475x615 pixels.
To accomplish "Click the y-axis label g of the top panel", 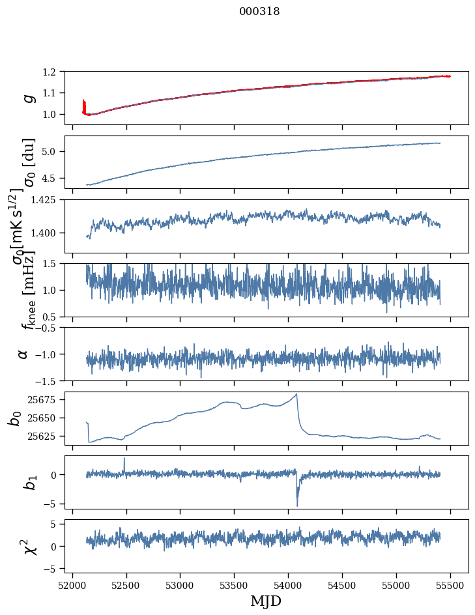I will click(x=27, y=98).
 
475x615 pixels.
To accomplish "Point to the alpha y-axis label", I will click(x=23, y=354).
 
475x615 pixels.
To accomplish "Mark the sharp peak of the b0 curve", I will click(x=297, y=394).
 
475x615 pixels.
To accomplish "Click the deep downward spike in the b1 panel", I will click(x=297, y=505).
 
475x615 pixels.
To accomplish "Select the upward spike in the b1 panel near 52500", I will click(x=124, y=459).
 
